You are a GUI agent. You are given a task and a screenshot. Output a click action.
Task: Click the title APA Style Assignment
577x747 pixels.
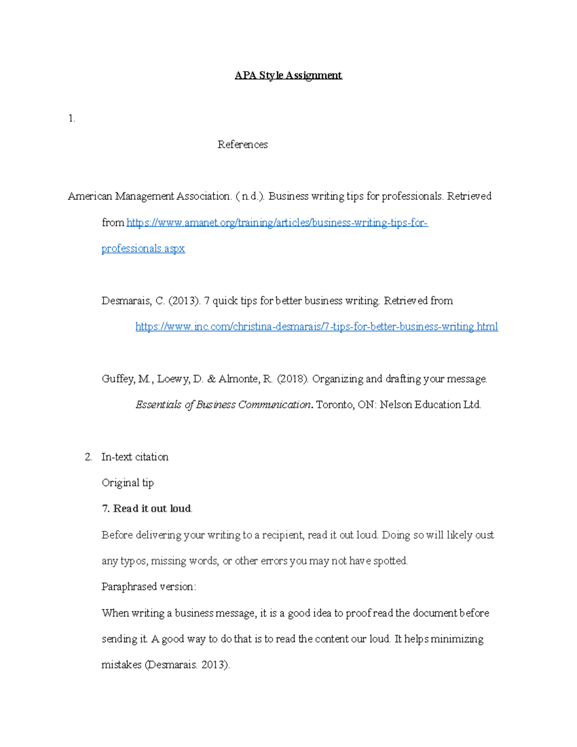(288, 76)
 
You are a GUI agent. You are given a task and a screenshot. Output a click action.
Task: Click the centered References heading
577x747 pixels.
(242, 145)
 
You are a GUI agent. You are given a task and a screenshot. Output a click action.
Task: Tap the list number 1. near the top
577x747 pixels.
(72, 119)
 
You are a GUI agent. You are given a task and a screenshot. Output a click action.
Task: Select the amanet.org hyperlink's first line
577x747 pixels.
(277, 223)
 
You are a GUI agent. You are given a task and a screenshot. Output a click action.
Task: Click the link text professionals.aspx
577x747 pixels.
(143, 249)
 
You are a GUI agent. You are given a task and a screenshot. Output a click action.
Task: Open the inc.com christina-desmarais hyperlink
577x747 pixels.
(316, 327)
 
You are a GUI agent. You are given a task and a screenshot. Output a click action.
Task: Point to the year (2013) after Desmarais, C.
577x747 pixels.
(184, 301)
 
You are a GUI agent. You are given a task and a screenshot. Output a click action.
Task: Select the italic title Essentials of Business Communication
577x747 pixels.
(223, 405)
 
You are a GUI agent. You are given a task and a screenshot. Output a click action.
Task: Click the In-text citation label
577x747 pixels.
(135, 457)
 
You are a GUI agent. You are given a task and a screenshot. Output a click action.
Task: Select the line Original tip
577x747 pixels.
(127, 483)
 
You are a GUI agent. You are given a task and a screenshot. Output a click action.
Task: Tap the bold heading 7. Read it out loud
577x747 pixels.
(147, 509)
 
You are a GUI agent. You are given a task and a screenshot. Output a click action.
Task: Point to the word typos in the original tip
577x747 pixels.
(134, 561)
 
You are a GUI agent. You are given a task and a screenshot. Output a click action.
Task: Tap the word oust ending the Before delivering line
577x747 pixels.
(484, 535)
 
